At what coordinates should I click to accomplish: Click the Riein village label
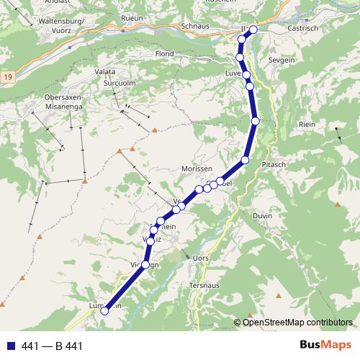[307, 125]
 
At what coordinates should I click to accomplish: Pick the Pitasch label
[275, 165]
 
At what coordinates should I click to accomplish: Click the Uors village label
[202, 257]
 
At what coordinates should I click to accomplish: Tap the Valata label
[105, 73]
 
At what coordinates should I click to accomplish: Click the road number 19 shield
[7, 75]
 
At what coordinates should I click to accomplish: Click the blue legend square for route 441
[11, 346]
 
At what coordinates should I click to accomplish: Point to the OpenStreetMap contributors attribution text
[296, 322]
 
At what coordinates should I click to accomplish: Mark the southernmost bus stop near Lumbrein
[104, 311]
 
